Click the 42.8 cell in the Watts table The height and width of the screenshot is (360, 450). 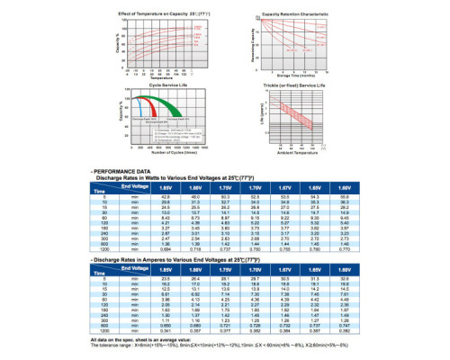[x=166, y=195]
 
